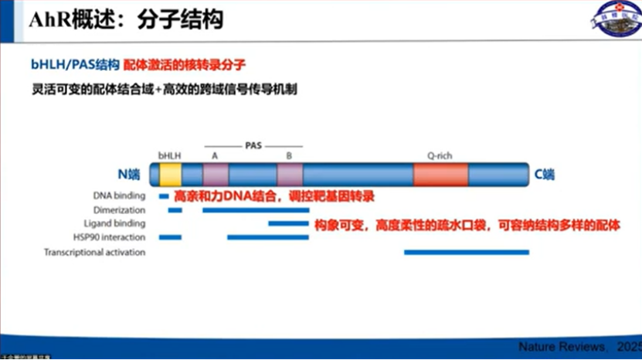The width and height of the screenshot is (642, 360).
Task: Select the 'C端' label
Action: pos(545,175)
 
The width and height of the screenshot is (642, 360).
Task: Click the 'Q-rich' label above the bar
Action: pos(440,155)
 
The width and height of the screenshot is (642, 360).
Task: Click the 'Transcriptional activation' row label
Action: pos(94,253)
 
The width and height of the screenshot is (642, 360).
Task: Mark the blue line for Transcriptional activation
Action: pos(467,252)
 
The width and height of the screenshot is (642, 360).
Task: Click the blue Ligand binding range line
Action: pos(287,224)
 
